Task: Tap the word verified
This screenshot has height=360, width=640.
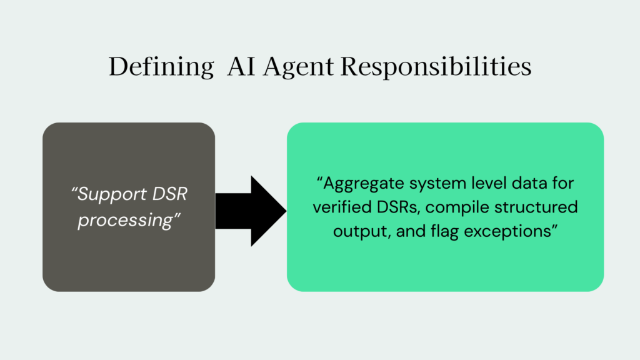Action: (339, 207)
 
